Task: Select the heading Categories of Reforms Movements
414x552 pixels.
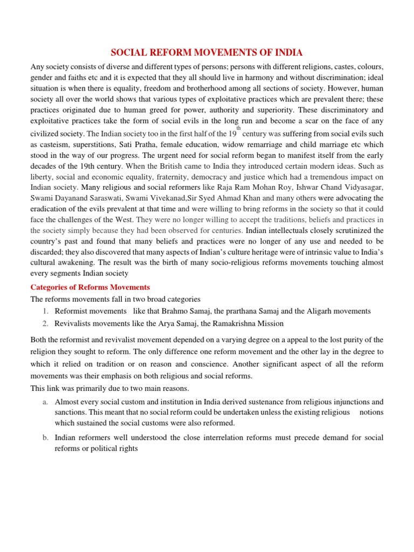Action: [90, 287]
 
